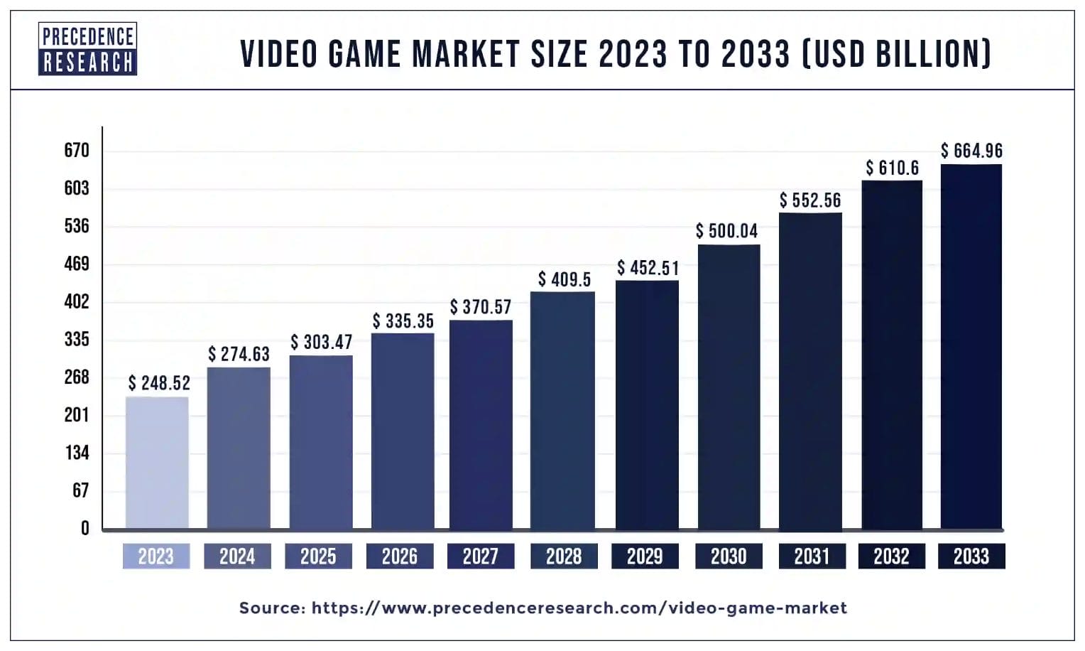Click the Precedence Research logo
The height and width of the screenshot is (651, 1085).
87,48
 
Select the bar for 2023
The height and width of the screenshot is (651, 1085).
157,463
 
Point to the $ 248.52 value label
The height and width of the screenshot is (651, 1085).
159,384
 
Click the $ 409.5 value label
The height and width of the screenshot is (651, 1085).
564,280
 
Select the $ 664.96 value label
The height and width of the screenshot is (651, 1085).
971,151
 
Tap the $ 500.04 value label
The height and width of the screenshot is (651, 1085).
726,231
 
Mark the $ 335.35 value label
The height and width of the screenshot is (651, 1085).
403,321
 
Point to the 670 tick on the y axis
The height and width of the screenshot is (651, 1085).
77,151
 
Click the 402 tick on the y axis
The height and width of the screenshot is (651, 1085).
77,301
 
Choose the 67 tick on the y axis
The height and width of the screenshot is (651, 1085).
80,490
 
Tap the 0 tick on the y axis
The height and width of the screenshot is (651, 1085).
85,528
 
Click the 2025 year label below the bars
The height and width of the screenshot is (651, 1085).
318,556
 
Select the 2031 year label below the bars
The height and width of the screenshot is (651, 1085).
812,556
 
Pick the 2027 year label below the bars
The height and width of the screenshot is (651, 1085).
481,556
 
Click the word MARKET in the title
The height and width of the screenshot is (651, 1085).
466,54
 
